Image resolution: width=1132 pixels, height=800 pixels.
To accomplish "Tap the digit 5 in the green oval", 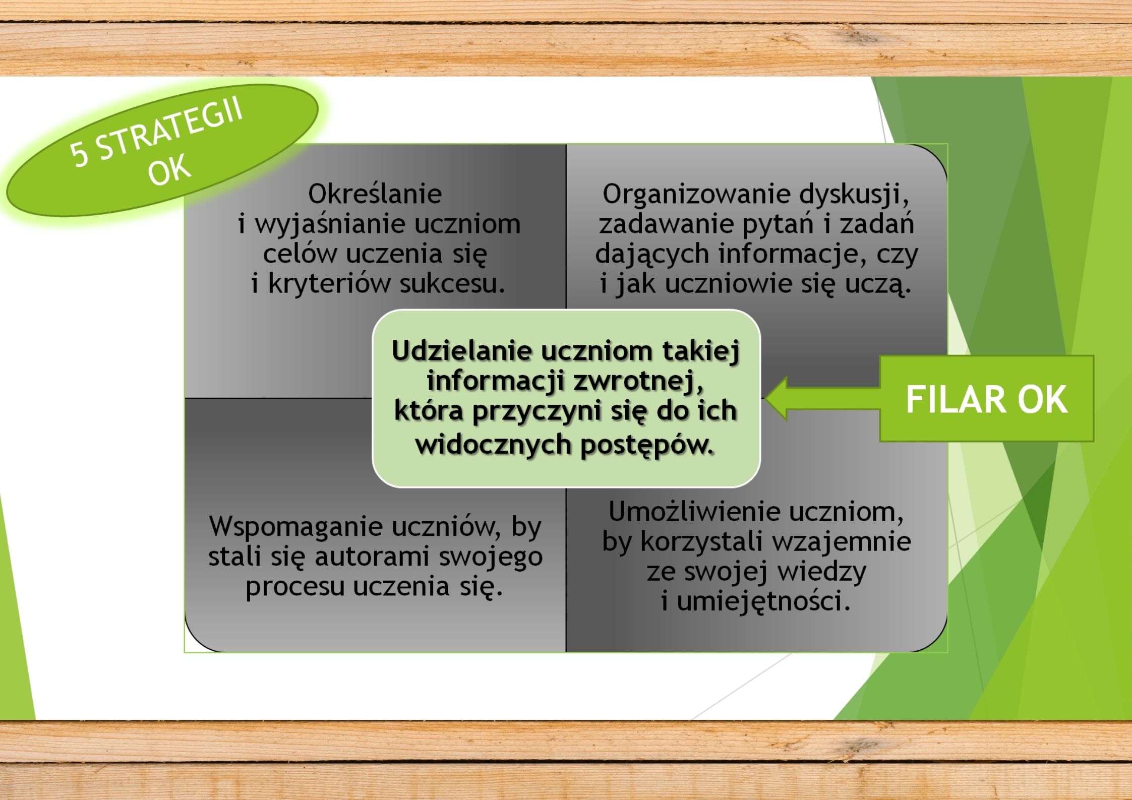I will (80, 154).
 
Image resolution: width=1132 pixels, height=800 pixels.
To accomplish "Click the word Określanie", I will (375, 194).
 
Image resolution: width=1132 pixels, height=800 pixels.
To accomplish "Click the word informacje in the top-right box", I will (793, 255).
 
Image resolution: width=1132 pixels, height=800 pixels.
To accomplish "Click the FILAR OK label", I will (986, 399).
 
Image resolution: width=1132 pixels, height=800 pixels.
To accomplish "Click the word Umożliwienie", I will (694, 512).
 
